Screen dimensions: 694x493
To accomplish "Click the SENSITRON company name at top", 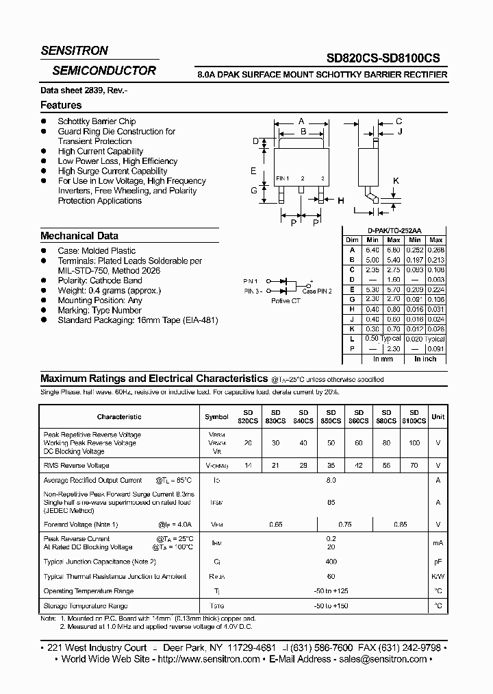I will pyautogui.click(x=74, y=51).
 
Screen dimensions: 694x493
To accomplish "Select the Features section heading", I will pyautogui.click(x=61, y=105).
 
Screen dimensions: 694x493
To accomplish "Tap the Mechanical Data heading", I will pyautogui.click(x=79, y=235).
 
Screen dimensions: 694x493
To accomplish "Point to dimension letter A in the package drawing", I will pyautogui.click(x=301, y=120).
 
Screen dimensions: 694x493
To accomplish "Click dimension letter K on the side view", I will pyautogui.click(x=395, y=180).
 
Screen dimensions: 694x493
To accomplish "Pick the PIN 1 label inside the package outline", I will pyautogui.click(x=283, y=178).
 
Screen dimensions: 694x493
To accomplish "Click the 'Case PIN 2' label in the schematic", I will pyautogui.click(x=316, y=291).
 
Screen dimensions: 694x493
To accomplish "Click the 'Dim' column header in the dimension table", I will pyautogui.click(x=352, y=240).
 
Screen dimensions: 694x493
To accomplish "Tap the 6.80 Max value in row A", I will pyautogui.click(x=394, y=250).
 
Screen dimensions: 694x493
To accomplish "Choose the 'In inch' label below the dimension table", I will pyautogui.click(x=425, y=358).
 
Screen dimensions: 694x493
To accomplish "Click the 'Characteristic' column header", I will pyautogui.click(x=119, y=416).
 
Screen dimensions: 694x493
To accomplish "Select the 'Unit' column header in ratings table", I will pyautogui.click(x=438, y=416).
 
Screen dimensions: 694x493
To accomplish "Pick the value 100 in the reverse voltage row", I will pyautogui.click(x=414, y=443).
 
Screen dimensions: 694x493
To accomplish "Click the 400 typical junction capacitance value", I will pyautogui.click(x=331, y=562).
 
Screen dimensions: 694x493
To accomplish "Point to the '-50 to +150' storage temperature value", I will pyautogui.click(x=331, y=606).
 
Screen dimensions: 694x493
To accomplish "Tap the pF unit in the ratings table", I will pyautogui.click(x=438, y=562).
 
